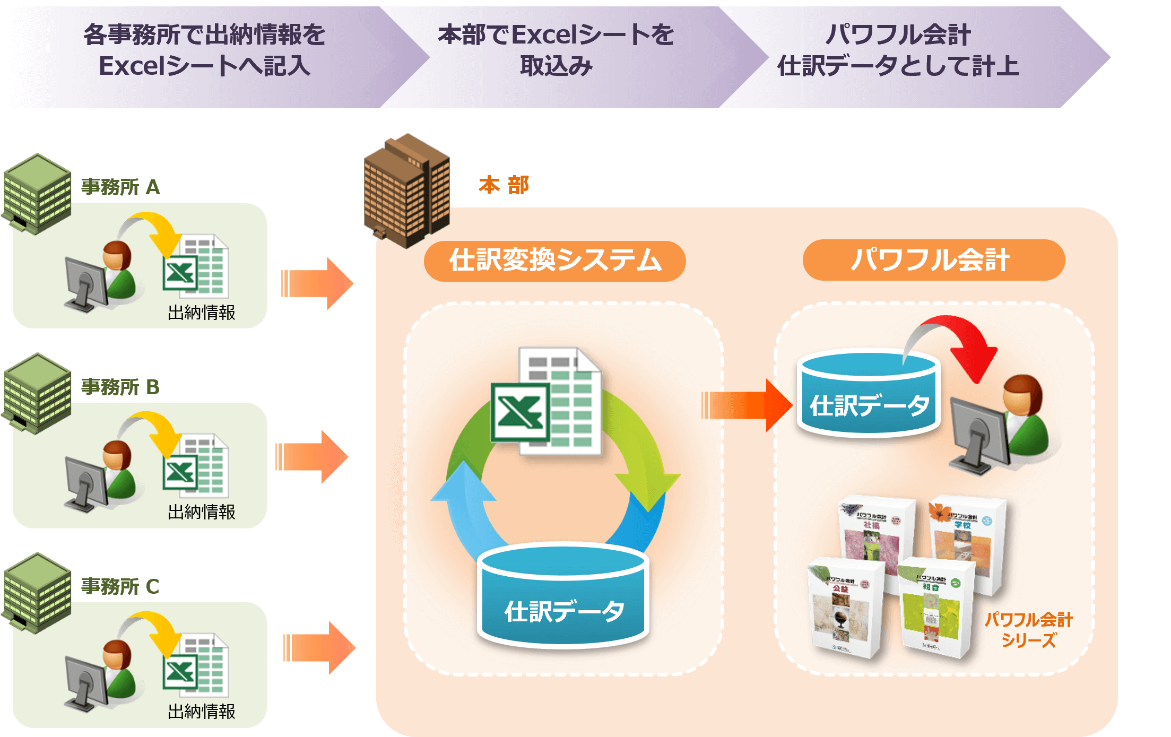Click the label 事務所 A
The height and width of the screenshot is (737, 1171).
(x=120, y=187)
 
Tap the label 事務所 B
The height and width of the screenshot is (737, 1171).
(x=120, y=387)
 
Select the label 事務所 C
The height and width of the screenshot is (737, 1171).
(x=120, y=586)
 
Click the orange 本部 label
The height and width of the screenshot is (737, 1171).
(x=503, y=185)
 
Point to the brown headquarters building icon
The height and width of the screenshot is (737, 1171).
(x=406, y=190)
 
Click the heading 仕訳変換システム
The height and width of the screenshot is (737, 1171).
(x=555, y=261)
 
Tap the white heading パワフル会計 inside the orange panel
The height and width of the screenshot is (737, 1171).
(x=930, y=261)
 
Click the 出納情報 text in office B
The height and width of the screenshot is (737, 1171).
(x=201, y=512)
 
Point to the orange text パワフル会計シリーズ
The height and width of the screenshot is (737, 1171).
(x=1028, y=630)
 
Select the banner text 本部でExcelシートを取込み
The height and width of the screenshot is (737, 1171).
(x=555, y=50)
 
